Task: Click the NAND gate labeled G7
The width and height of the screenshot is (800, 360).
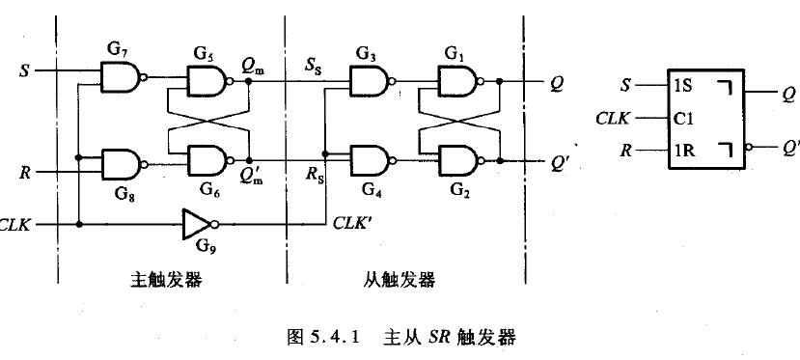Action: [120, 77]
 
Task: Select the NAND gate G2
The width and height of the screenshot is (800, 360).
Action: [457, 159]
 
